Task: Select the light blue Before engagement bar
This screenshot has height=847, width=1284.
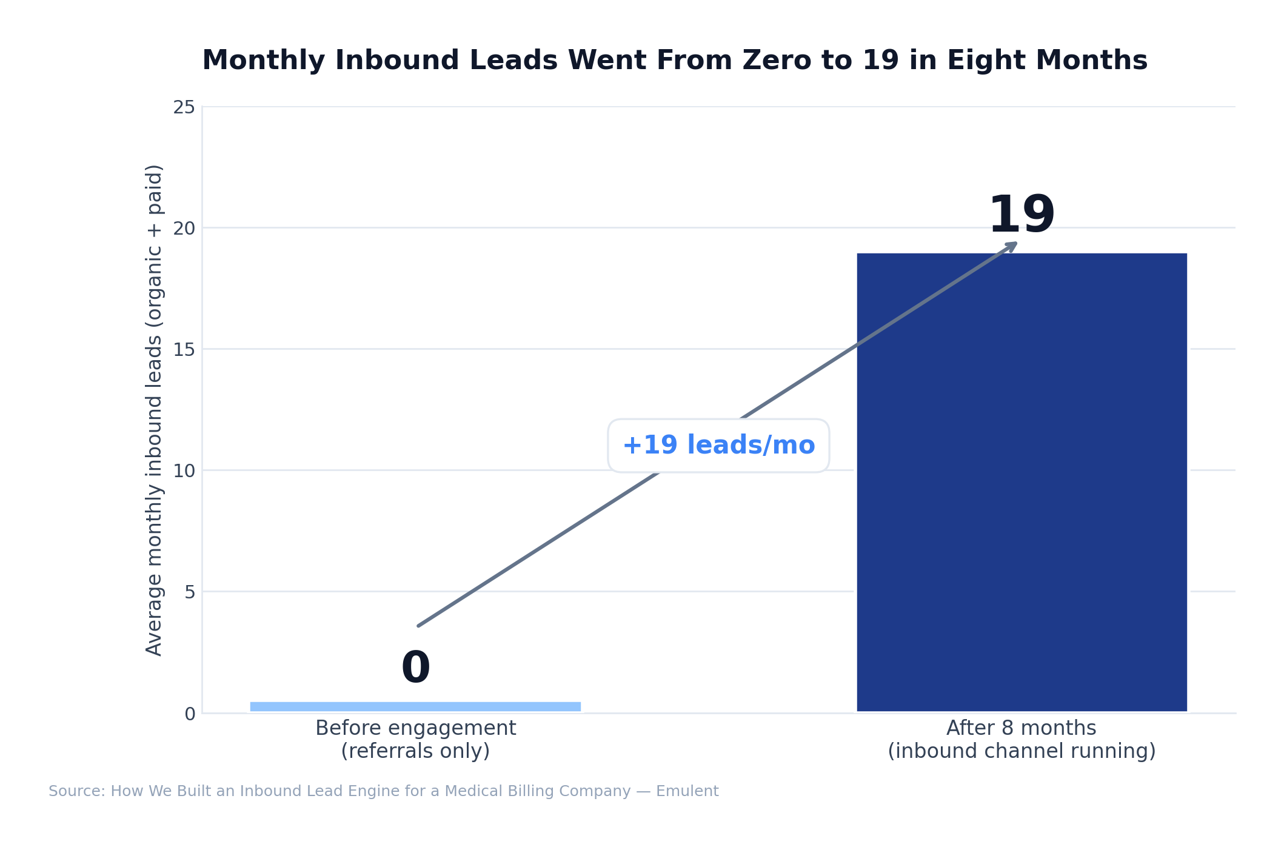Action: [415, 706]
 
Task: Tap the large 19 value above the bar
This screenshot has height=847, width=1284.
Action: [1022, 216]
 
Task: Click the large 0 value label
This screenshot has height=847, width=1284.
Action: [416, 668]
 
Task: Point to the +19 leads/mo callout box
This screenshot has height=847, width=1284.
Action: [718, 446]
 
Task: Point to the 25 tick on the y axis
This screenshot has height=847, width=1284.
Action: [184, 108]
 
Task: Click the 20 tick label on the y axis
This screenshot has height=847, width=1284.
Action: [184, 229]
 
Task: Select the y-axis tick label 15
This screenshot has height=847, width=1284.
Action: [184, 350]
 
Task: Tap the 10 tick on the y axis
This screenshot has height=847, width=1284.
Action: [184, 471]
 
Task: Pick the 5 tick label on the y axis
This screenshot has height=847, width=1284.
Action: [190, 592]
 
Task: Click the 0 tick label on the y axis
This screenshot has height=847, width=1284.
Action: [190, 714]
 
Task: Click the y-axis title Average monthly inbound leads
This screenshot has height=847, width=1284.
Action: [154, 410]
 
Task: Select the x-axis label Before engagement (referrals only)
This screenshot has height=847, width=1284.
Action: [415, 739]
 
